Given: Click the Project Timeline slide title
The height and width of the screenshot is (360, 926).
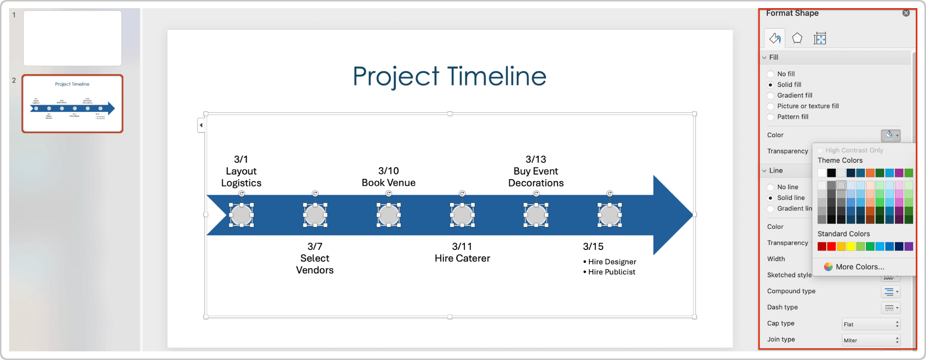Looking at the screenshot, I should pos(450,76).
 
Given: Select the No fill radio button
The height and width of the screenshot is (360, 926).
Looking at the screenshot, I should pos(771,74).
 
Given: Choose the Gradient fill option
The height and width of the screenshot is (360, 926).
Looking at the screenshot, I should pos(771,96).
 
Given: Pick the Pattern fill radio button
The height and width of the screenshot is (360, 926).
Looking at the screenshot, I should pos(771,117).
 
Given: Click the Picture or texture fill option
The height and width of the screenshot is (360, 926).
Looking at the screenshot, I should pos(771,106).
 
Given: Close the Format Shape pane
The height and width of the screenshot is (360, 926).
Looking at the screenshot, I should pos(906,13).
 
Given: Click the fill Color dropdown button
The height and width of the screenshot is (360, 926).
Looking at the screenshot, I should pos(890,136).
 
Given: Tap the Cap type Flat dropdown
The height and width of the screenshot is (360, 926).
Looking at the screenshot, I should pos(871,324).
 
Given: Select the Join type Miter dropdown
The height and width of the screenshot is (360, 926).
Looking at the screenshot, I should pos(871,340).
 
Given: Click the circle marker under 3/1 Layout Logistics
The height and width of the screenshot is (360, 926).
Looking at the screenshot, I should pos(241,215).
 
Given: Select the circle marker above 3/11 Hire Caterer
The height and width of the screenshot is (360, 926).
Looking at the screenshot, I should pos(462,215).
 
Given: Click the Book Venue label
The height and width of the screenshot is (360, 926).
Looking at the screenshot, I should pos(388,183).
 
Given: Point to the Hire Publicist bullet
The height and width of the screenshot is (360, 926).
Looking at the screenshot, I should pos(612,272).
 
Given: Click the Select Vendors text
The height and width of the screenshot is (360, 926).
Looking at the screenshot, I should pos(315,264).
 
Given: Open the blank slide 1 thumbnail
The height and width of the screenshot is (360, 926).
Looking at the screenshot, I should pos(73,38).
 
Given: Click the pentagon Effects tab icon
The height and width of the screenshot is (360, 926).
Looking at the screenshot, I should pos(797,38).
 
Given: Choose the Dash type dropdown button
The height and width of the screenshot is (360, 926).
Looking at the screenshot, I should pos(890,308).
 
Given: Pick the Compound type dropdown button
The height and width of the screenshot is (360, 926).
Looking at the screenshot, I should pos(890,292).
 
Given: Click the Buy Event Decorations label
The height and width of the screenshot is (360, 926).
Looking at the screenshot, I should pos(536,177).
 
